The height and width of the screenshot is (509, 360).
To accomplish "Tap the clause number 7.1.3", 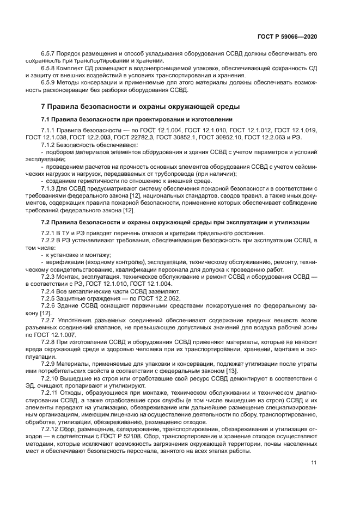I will click(50, 188).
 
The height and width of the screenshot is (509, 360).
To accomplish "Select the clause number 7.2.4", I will click(50, 291).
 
